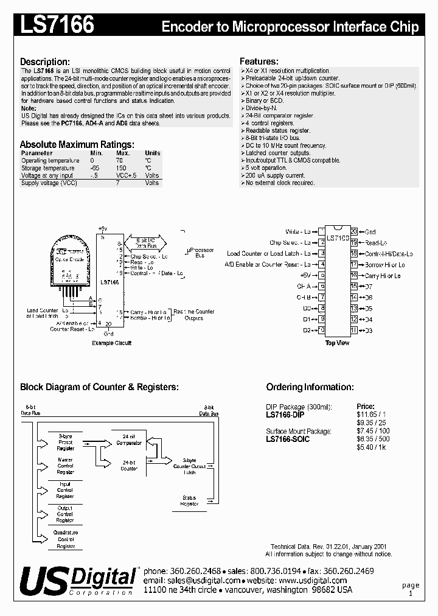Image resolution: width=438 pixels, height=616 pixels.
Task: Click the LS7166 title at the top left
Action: [x=57, y=25]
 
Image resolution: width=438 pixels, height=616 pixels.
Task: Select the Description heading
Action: [x=45, y=62]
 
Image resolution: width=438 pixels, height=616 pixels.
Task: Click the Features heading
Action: [x=259, y=61]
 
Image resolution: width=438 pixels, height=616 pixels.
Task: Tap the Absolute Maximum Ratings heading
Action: [x=77, y=144]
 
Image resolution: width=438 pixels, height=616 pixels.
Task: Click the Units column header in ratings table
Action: [x=152, y=153]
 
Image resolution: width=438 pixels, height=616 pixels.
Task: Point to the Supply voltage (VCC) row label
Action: [x=49, y=183]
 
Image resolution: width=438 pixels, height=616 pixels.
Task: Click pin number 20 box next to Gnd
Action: [x=353, y=232]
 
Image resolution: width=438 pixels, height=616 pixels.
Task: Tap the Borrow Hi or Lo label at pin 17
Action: [x=385, y=265]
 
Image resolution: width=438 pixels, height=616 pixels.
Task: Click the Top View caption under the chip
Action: [x=338, y=343]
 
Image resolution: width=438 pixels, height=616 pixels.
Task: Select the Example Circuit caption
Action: [x=111, y=343]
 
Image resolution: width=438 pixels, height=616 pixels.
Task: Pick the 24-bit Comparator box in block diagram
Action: [x=128, y=440]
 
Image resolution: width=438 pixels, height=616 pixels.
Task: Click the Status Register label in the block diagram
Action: [x=190, y=500]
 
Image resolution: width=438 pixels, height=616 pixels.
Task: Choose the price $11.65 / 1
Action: [x=371, y=414]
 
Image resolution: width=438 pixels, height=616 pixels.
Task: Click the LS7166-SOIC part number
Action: [x=288, y=439]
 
